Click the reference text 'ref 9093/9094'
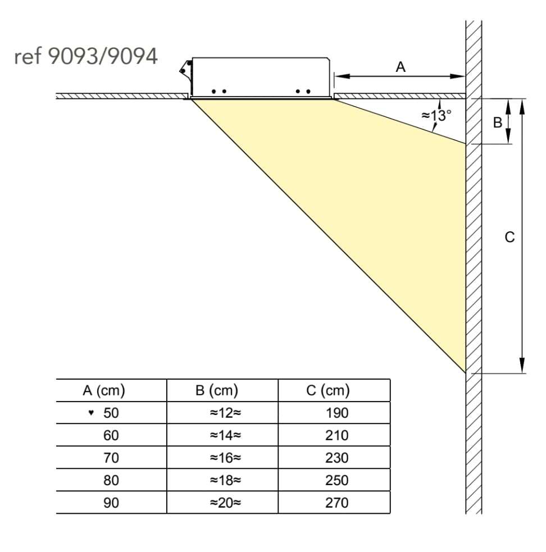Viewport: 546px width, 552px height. point(85,56)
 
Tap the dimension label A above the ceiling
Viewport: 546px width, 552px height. point(401,67)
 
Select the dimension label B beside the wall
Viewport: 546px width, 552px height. point(497,122)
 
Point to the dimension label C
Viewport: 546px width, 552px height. point(509,237)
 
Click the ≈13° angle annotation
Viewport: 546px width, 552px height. point(436,115)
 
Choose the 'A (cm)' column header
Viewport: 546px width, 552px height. point(104,390)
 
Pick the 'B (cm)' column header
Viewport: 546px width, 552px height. point(217,390)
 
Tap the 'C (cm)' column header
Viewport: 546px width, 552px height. point(328,390)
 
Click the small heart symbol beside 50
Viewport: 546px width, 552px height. point(91,412)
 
